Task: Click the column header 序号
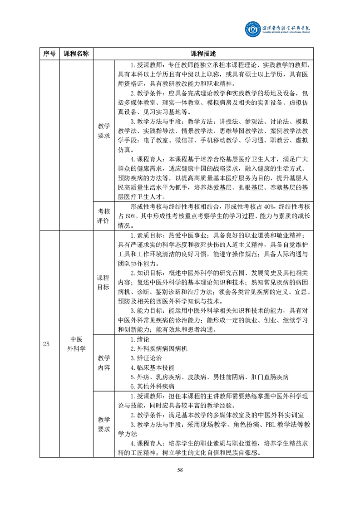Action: (49, 54)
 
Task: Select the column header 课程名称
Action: (76, 54)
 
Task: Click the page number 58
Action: (180, 470)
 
